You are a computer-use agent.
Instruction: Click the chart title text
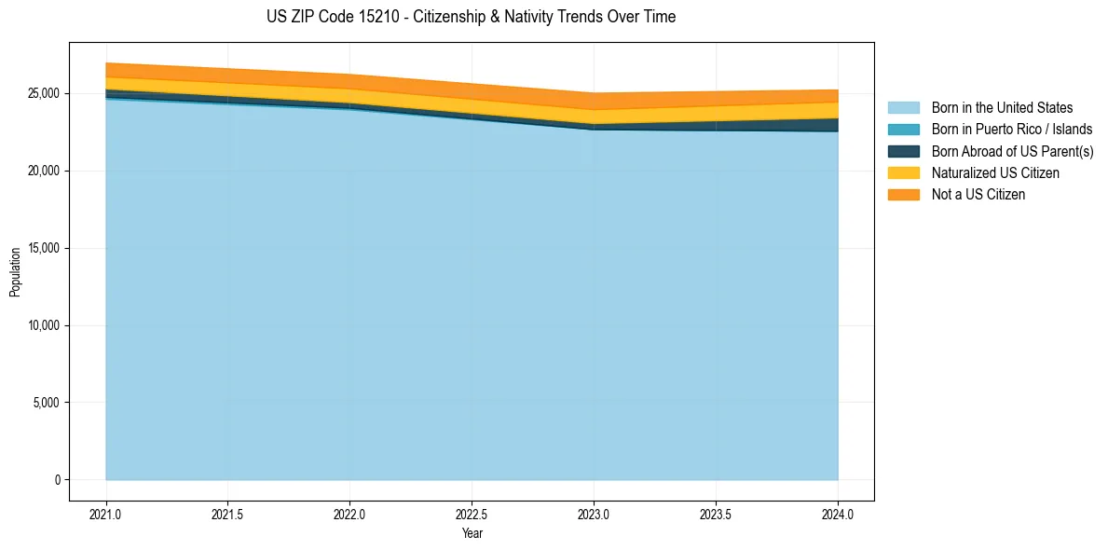[x=471, y=17]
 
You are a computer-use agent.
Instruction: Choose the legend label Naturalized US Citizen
[x=995, y=172]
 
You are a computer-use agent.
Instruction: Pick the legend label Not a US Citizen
[x=978, y=194]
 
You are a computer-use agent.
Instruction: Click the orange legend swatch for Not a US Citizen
[x=903, y=194]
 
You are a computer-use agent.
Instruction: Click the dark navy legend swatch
[x=903, y=151]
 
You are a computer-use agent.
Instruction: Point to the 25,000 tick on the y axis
[x=43, y=94]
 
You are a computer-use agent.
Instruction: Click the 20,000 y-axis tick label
[x=43, y=172]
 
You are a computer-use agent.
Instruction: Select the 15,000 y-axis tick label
[x=43, y=249]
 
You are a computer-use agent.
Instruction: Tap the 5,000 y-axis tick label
[x=46, y=403]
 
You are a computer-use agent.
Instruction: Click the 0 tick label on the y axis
[x=56, y=480]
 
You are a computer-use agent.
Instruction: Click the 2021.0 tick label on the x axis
[x=106, y=514]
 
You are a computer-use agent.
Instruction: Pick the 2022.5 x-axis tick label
[x=472, y=514]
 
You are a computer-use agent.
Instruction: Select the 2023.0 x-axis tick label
[x=594, y=514]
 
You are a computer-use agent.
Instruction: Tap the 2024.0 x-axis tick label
[x=838, y=514]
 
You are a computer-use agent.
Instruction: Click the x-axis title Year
[x=472, y=533]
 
